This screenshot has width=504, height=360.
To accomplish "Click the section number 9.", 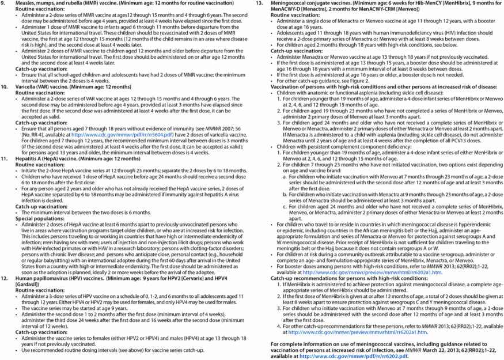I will click(x=6, y=4).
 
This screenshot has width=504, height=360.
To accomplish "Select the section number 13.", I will click(x=258, y=4).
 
